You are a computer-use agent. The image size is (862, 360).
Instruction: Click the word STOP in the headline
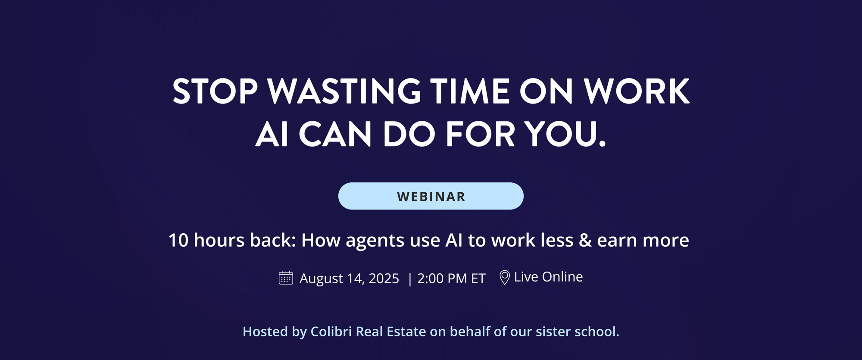[215, 91]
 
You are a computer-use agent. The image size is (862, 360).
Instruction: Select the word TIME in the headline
[470, 91]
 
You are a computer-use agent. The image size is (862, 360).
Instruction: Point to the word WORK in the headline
[636, 91]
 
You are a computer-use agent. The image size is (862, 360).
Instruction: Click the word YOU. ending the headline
[565, 134]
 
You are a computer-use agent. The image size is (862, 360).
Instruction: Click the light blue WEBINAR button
[431, 196]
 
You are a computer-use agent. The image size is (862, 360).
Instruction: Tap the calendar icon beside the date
[286, 278]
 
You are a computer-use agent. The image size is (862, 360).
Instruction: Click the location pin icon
[504, 278]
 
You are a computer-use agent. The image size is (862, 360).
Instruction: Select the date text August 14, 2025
[349, 279]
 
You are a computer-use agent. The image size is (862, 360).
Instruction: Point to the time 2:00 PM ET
[451, 279]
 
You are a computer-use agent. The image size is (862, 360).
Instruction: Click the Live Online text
[548, 277]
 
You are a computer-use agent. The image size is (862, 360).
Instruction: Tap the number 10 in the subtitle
[178, 240]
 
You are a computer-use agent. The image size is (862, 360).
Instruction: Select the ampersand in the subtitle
[585, 240]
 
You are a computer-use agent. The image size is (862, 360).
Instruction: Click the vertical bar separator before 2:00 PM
[409, 279]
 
